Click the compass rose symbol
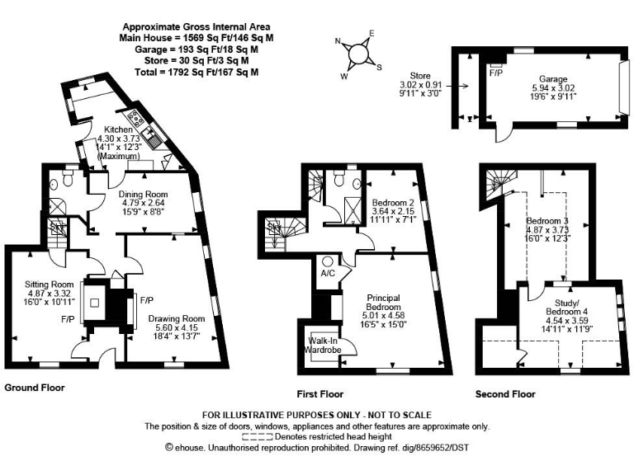358,52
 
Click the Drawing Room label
176,318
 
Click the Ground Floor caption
35,387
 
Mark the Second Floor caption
505,394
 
